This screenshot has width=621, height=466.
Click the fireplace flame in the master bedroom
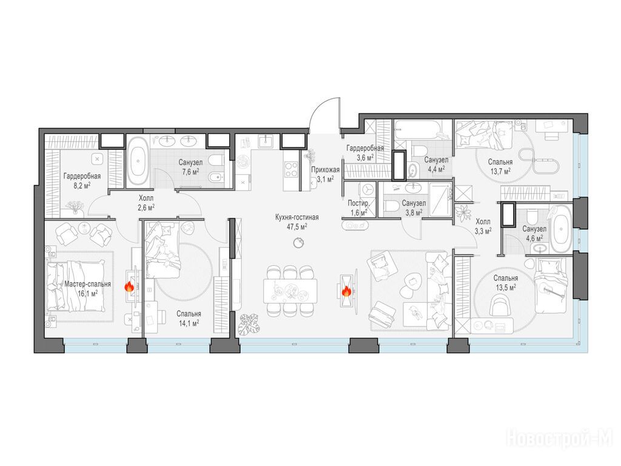click(x=130, y=287)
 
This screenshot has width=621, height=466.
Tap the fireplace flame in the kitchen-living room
click(x=346, y=292)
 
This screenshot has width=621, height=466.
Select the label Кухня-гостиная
click(x=297, y=217)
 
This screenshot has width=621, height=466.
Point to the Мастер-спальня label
click(x=87, y=284)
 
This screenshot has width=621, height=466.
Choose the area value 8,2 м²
click(x=82, y=185)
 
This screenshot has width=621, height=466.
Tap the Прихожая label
click(x=325, y=170)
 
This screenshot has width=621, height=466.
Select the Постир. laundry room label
click(x=359, y=203)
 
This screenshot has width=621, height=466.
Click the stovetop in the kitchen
click(x=292, y=169)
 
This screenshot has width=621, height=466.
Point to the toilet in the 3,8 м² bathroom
click(x=391, y=206)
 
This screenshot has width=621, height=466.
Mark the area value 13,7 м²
click(x=500, y=171)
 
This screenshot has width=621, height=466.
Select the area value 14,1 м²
click(x=189, y=323)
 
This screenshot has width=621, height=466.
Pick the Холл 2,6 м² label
click(x=146, y=201)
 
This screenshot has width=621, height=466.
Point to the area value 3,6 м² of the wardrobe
click(x=364, y=157)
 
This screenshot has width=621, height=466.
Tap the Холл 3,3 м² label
click(x=483, y=226)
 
